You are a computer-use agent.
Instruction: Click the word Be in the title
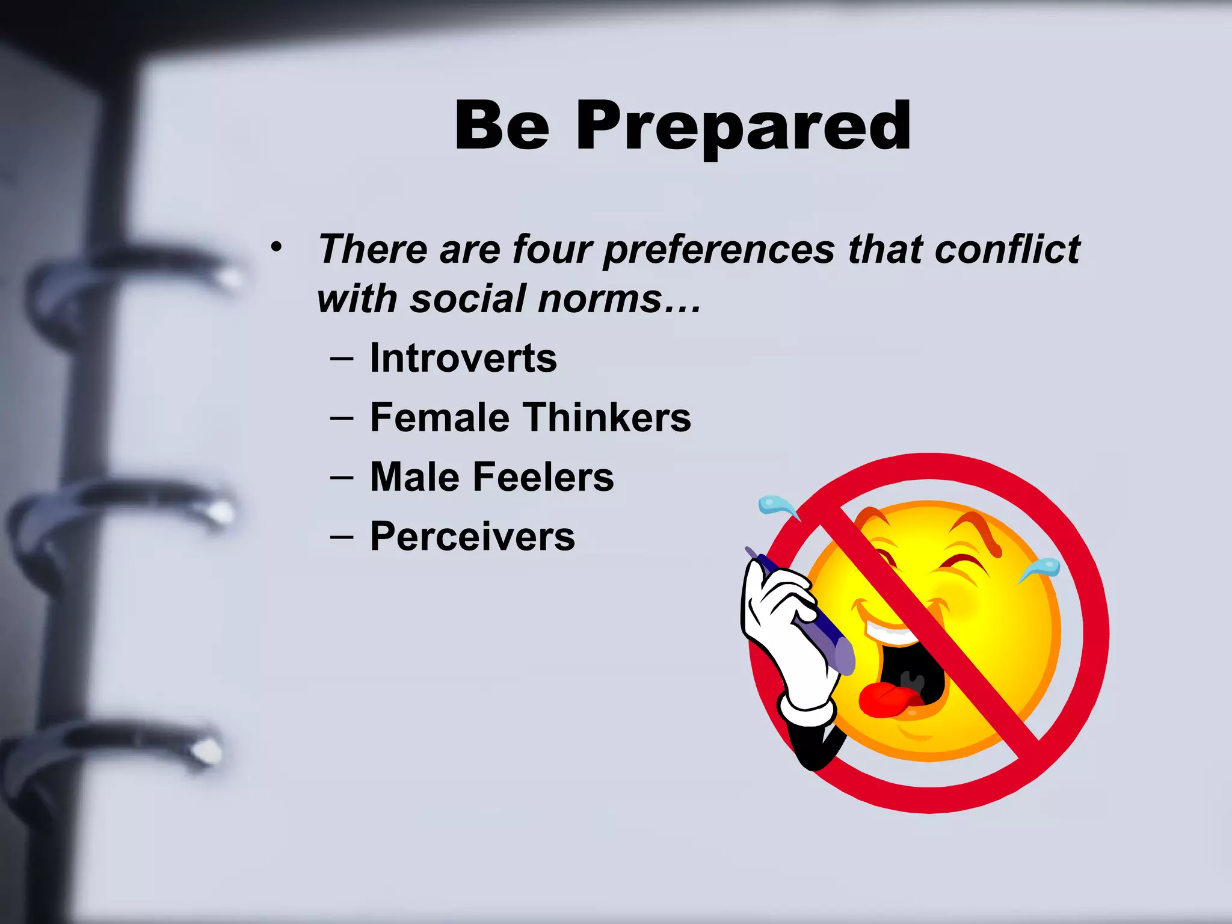(502, 126)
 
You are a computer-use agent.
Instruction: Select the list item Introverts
(463, 358)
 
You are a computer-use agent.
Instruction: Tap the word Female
(439, 417)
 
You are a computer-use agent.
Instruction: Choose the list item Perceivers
(472, 536)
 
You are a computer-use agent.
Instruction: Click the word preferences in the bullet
(719, 250)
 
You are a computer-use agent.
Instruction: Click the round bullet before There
(276, 247)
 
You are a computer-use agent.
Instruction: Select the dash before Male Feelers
(342, 478)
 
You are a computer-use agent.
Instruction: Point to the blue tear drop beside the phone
(776, 505)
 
